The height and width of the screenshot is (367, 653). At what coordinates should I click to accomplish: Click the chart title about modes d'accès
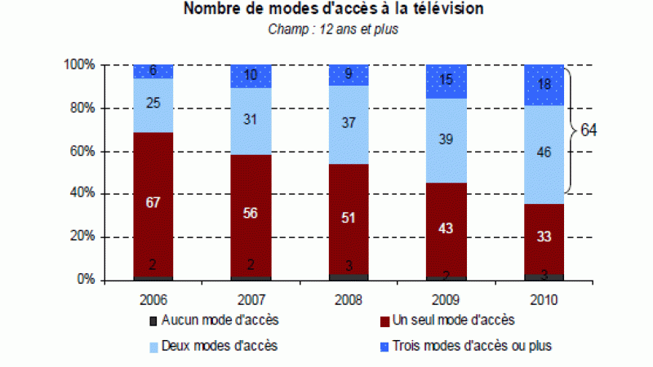333,10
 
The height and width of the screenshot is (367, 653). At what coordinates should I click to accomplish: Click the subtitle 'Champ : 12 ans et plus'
332,29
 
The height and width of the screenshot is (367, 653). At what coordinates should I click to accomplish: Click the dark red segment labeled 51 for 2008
349,219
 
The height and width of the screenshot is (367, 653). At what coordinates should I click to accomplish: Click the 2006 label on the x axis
153,298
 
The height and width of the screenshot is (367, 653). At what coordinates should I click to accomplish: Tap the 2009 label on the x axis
446,298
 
